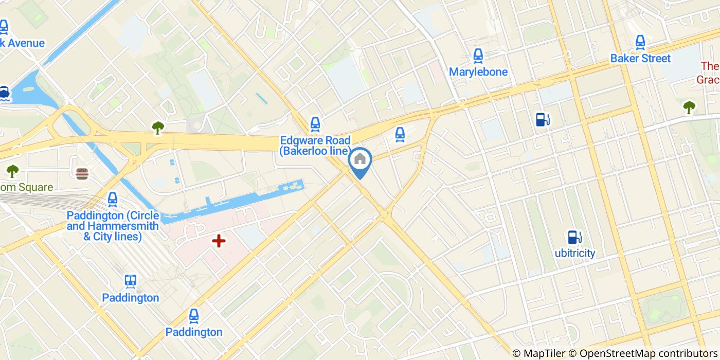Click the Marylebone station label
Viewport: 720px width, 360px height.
478,72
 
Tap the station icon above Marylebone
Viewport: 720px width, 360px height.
478,56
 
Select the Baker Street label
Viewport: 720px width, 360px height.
640,59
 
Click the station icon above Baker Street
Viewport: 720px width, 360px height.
640,42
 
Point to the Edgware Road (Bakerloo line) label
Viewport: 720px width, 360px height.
315,146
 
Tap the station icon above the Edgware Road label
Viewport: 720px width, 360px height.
315,123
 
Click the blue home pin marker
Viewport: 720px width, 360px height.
360,160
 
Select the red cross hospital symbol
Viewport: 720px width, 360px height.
219,240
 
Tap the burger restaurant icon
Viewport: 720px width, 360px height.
82,173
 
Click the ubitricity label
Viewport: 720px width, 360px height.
575,253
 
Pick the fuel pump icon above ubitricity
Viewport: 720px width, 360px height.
574,237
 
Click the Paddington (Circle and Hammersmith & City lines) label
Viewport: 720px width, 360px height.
113,226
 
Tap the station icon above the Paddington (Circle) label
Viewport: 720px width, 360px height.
113,199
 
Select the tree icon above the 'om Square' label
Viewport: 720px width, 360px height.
12,171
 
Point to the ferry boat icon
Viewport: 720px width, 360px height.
5,93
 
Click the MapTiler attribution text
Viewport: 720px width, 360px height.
538,353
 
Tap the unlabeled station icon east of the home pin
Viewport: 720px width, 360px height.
400,134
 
